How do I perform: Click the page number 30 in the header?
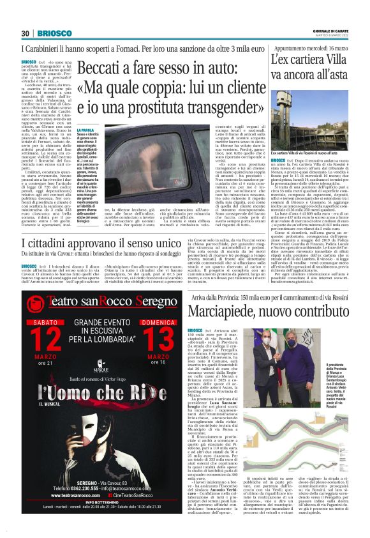(x=26, y=33)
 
